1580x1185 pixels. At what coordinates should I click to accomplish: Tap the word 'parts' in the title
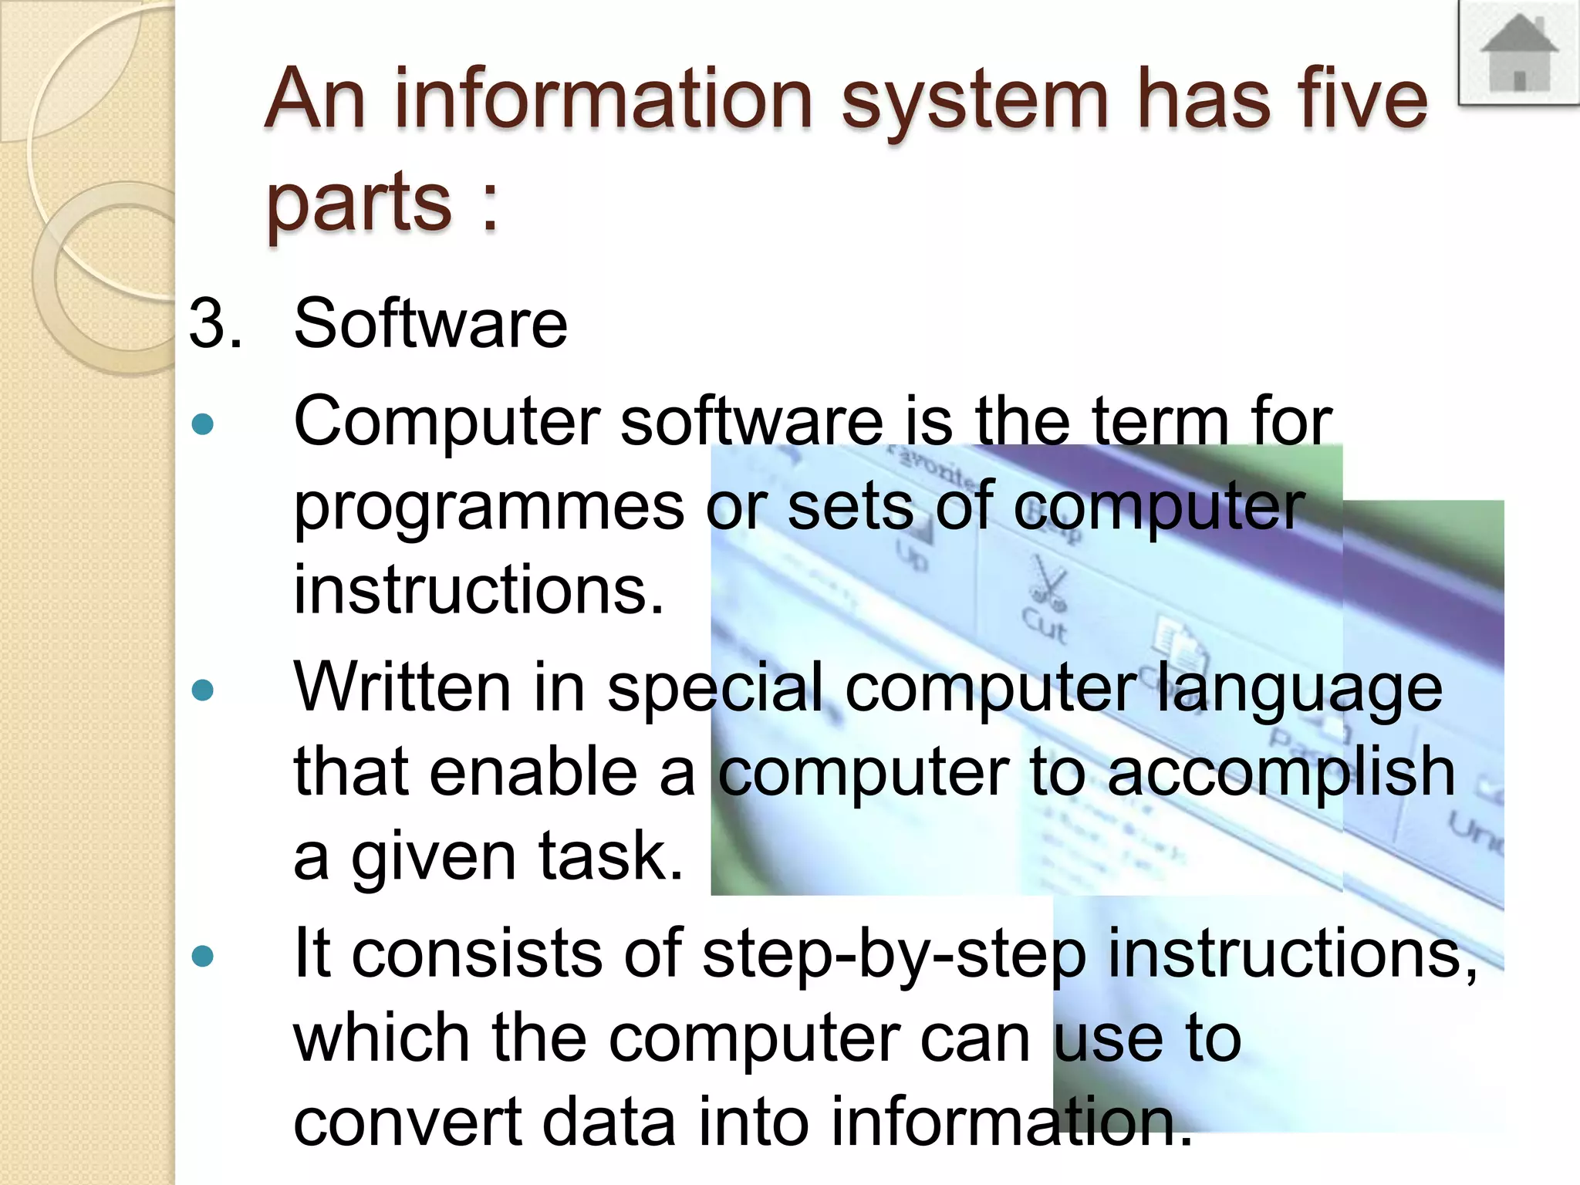pyautogui.click(x=360, y=202)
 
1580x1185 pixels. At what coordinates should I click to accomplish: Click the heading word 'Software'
pyautogui.click(x=430, y=323)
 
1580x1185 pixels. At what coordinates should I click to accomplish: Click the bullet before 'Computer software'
pyautogui.click(x=203, y=424)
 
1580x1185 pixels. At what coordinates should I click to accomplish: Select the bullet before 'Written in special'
pyautogui.click(x=203, y=689)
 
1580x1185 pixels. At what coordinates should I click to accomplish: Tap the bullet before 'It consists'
pyautogui.click(x=203, y=957)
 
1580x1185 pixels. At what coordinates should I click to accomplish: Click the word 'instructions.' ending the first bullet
pyautogui.click(x=478, y=590)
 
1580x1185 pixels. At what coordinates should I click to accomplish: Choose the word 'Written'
pyautogui.click(x=402, y=687)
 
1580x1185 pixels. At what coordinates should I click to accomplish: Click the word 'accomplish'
pyautogui.click(x=1281, y=774)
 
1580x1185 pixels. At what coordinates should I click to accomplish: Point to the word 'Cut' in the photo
pyautogui.click(x=1045, y=625)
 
